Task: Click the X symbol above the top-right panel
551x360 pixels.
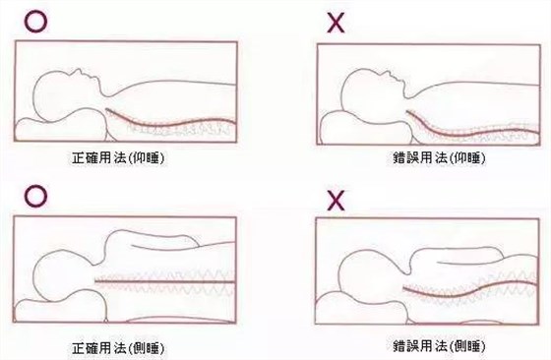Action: click(x=336, y=22)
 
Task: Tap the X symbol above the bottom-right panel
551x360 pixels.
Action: click(x=336, y=201)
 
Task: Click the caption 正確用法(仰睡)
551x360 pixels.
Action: click(x=118, y=158)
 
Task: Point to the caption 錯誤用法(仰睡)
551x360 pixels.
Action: click(x=439, y=158)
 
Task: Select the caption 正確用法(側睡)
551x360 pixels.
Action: click(x=118, y=348)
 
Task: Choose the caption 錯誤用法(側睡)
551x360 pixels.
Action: click(x=439, y=346)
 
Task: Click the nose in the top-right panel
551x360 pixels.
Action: click(x=388, y=73)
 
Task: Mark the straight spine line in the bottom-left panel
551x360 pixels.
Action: click(x=165, y=281)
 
